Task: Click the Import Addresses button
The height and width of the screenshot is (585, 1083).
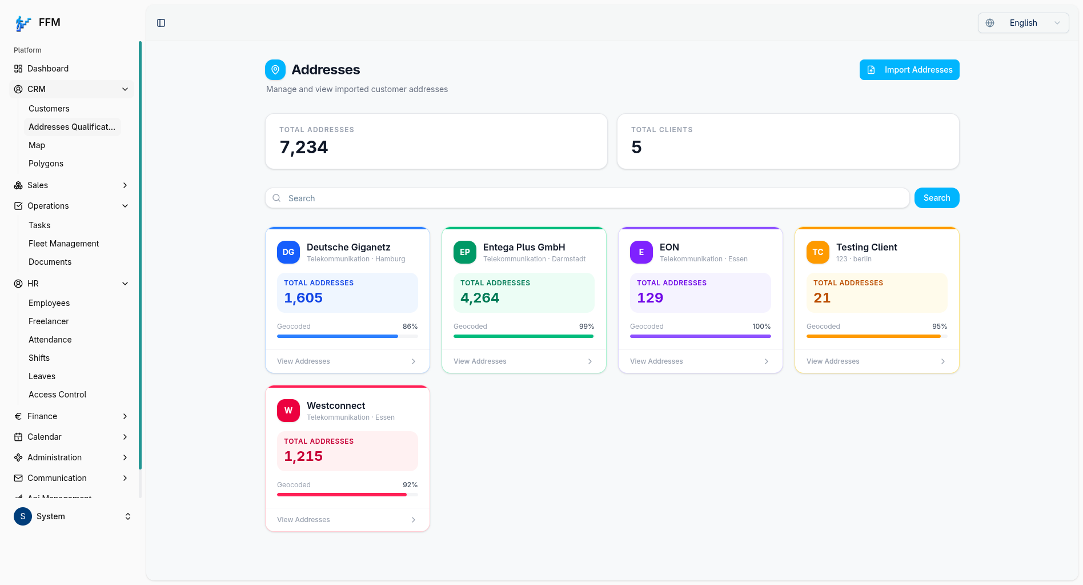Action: [909, 70]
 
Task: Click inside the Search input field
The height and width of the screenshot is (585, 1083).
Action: [587, 198]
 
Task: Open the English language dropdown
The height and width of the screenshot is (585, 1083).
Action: [1023, 23]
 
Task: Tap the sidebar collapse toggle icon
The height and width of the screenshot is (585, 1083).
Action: [161, 23]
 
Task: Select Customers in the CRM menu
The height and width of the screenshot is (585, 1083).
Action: [49, 109]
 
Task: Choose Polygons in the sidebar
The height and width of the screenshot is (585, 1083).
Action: [46, 164]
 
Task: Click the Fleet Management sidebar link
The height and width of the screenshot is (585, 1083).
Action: [63, 244]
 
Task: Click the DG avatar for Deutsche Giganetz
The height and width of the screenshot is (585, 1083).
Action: [288, 252]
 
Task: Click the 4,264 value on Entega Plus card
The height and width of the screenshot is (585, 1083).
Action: [480, 298]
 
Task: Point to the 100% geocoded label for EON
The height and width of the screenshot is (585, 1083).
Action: [761, 327]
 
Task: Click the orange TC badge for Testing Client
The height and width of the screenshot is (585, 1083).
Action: [818, 252]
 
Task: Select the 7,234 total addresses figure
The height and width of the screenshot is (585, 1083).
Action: [304, 148]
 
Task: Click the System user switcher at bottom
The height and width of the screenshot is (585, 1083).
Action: [73, 516]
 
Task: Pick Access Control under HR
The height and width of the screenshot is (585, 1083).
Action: [57, 395]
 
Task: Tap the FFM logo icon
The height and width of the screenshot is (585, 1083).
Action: [23, 23]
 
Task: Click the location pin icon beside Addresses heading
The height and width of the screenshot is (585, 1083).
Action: [275, 70]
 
